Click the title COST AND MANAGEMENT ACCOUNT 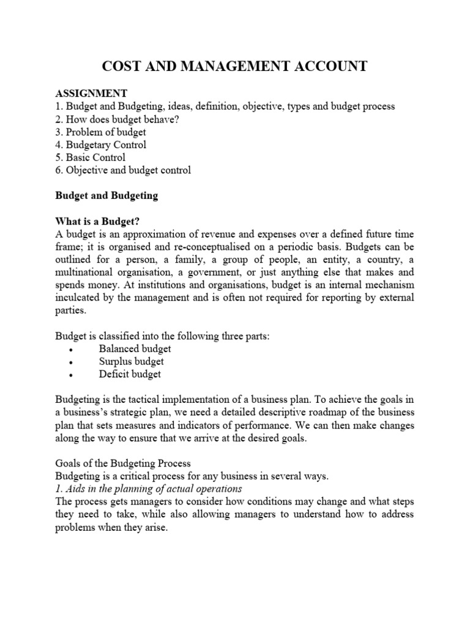tap(234, 66)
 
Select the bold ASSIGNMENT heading tap(91, 93)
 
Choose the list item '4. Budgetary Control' tap(101, 145)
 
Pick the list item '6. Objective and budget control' tap(123, 170)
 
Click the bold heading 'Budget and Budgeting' tap(106, 196)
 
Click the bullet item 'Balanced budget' tap(135, 348)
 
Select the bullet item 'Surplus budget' tap(132, 361)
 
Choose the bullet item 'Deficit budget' tap(130, 374)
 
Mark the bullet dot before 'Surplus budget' tap(72, 362)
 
